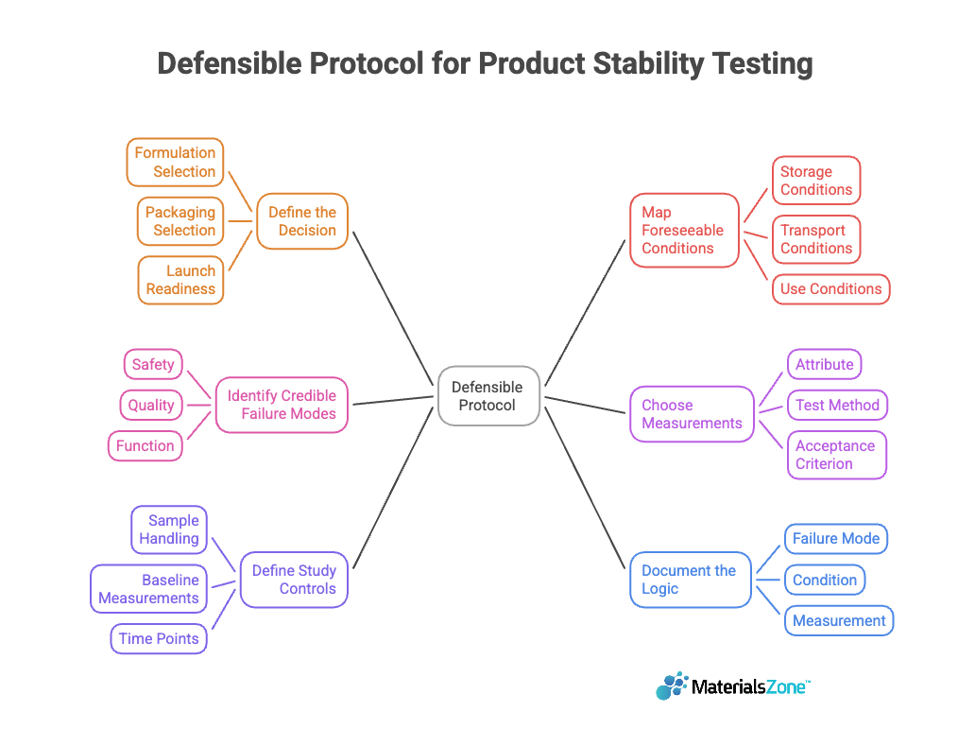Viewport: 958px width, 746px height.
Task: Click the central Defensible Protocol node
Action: click(x=488, y=395)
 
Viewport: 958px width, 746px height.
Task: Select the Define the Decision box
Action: click(x=302, y=221)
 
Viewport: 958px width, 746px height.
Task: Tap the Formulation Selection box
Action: click(x=176, y=162)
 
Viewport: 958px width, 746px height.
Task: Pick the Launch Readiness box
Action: click(x=180, y=280)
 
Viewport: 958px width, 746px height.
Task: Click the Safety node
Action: click(x=153, y=364)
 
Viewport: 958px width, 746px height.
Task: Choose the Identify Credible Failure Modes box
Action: click(x=282, y=405)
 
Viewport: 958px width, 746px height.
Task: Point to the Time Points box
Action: click(x=159, y=638)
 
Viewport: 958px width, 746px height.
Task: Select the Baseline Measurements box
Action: click(x=149, y=589)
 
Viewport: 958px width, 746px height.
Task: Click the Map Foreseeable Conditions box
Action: click(x=684, y=231)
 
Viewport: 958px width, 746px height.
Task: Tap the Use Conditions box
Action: click(x=830, y=289)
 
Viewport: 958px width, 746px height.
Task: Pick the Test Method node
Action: click(x=837, y=405)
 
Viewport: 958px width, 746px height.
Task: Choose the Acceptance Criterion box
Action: click(x=836, y=455)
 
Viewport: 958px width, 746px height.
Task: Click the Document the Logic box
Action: click(x=691, y=580)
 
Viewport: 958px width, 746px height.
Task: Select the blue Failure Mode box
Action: click(x=836, y=539)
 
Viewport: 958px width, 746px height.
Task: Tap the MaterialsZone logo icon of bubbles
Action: click(x=672, y=685)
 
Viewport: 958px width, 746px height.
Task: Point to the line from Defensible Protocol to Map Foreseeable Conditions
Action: click(x=585, y=312)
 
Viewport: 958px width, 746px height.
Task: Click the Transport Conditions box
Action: click(x=816, y=239)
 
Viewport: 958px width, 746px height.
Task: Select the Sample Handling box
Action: click(x=169, y=529)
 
